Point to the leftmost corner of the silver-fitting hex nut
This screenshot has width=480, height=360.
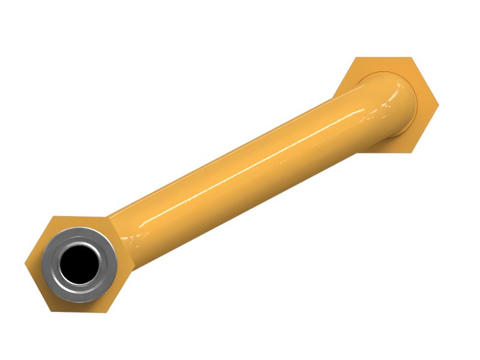point(25,263)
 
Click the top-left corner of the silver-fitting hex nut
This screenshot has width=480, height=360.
point(53,216)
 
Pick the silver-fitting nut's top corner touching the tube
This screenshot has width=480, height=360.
point(108,216)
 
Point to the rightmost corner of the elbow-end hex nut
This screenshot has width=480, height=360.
point(439,104)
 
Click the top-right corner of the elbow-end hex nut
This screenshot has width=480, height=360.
point(412,58)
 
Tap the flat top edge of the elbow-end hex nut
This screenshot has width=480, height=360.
point(384,58)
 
